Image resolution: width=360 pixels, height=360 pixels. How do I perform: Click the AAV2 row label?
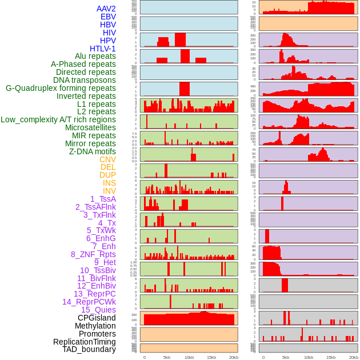pos(106,9)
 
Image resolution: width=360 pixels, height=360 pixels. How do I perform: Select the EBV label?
pos(107,17)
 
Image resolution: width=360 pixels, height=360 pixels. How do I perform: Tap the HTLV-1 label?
pos(102,49)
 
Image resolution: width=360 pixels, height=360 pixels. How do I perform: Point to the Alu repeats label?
pos(95,57)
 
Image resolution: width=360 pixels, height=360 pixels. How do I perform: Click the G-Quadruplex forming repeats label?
pos(61,88)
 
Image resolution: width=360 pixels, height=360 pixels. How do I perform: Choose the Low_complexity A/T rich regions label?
pos(58,119)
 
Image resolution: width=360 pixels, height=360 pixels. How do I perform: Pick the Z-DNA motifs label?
pos(92,151)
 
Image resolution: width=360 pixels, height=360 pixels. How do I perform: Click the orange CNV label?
pos(107,159)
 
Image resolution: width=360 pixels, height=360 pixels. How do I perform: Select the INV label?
pos(109,191)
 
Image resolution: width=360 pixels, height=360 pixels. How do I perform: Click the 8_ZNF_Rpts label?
pos(93,254)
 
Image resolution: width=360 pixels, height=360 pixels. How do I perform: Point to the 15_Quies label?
pos(98,310)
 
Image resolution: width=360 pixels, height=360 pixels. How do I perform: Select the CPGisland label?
pos(97,318)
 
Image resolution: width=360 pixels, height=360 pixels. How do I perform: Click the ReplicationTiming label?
pos(84,342)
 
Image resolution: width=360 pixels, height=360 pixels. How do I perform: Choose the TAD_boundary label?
pos(89,349)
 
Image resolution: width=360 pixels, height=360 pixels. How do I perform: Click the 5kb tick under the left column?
pos(167,357)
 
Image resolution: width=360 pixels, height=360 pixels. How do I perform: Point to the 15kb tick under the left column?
pos(211,357)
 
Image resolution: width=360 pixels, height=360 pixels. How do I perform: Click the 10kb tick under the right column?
pos(308,357)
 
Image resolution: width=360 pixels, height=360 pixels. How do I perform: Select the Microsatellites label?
pos(90,127)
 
